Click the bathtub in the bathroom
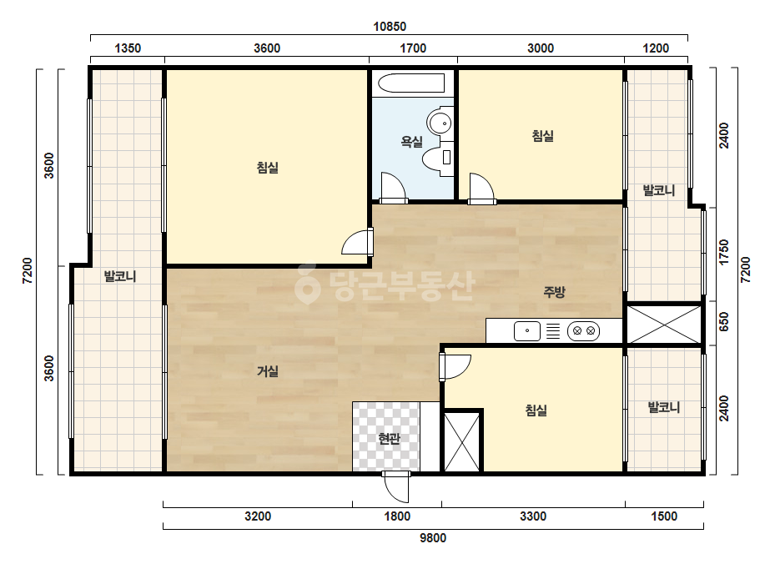pos(411,83)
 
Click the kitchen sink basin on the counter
pos(527,331)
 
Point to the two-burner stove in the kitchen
pos(583,331)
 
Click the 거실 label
pos(268,371)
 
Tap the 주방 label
pos(554,292)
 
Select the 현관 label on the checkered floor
pos(389,439)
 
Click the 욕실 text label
pos(411,142)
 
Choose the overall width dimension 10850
pos(390,27)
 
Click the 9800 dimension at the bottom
pos(433,538)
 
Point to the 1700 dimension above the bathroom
pos(413,48)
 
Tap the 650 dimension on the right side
pos(724,322)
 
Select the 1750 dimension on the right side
pos(724,252)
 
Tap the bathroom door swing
pos(393,188)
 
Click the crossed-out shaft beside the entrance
pos(461,442)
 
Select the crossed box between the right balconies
pos(664,325)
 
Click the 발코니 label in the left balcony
pos(120,276)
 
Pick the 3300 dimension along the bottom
pos(533,516)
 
